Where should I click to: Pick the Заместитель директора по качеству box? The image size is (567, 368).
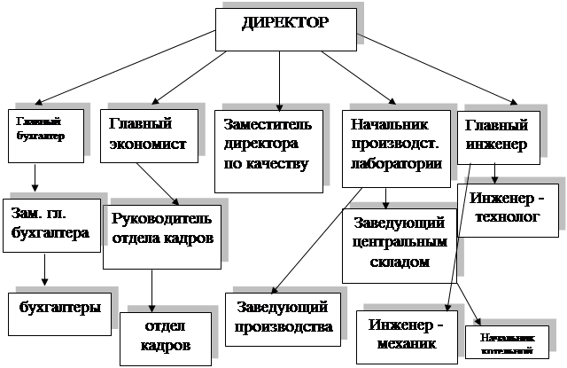point(268,149)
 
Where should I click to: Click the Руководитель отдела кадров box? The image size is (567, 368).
point(161,234)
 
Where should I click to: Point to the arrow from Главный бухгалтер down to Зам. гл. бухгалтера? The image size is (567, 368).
point(35,183)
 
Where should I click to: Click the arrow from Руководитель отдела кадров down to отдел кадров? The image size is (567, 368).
point(152,289)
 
